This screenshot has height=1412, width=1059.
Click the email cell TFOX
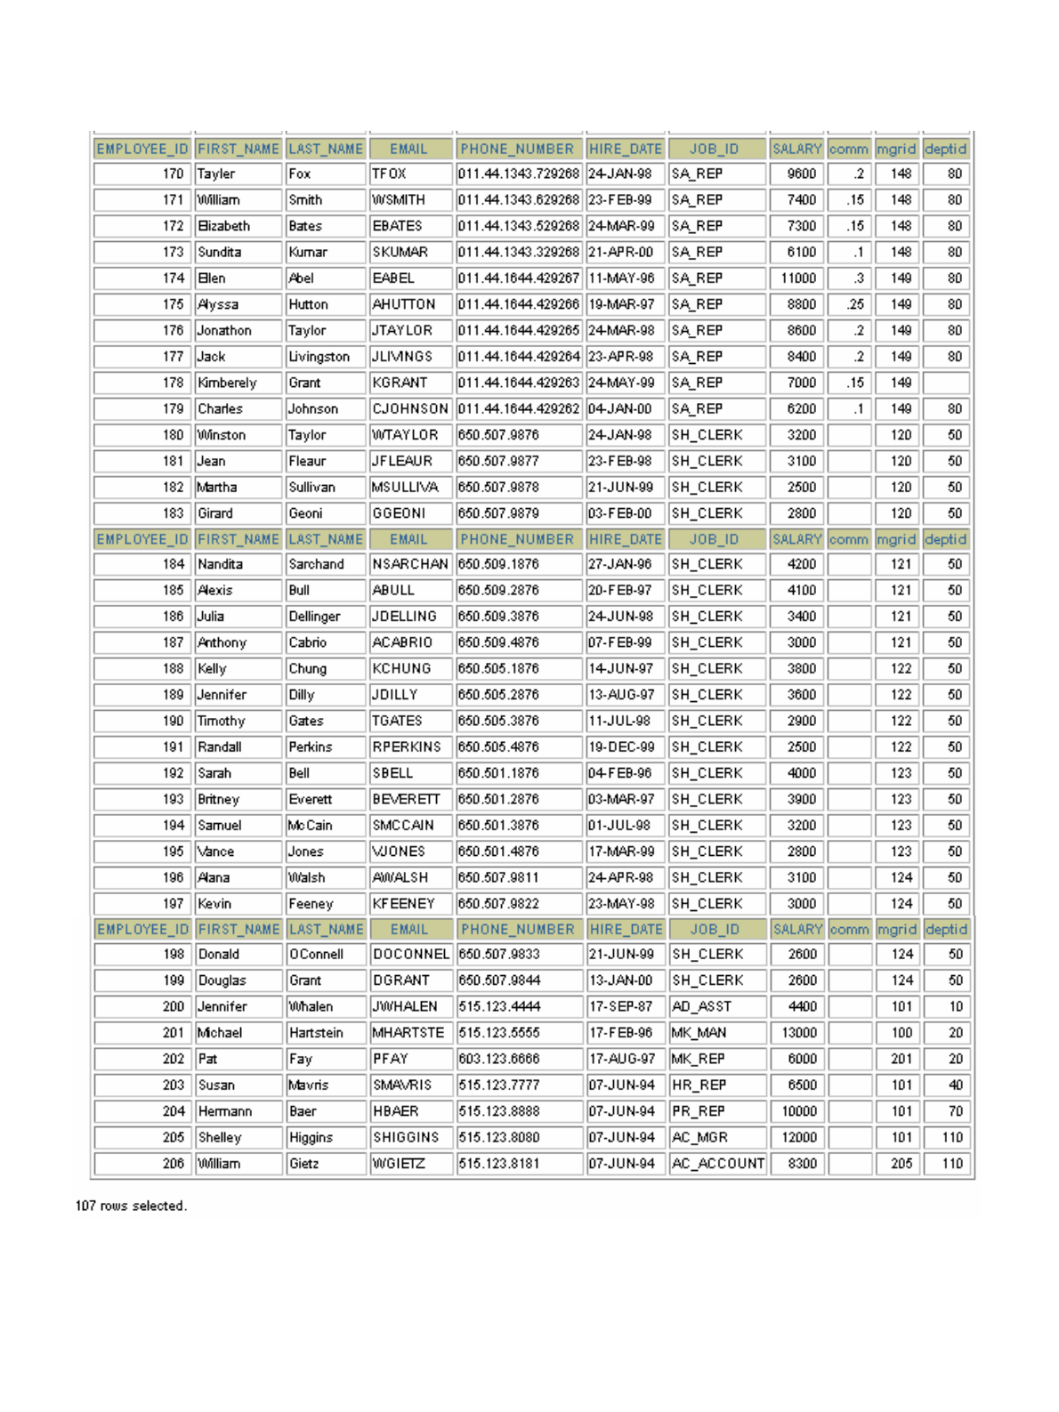pos(389,174)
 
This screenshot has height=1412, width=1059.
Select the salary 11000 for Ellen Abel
pos(798,278)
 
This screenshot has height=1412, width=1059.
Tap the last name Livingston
pos(319,357)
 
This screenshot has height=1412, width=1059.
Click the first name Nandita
pos(220,564)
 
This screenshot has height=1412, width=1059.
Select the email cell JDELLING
pos(405,617)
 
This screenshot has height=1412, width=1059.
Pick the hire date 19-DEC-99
pos(621,747)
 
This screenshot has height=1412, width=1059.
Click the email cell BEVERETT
pos(406,800)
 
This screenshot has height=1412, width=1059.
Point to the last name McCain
pos(310,826)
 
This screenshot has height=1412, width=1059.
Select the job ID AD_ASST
pos(701,1007)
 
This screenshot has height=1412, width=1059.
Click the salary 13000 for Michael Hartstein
pos(798,1033)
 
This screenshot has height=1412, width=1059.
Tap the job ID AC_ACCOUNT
pos(717,1164)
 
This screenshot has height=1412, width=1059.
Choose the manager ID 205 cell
pos(901,1164)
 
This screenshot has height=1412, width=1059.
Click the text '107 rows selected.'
pos(131,1206)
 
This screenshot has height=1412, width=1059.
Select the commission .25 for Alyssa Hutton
pos(855,304)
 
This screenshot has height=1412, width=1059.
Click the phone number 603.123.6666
pos(498,1060)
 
